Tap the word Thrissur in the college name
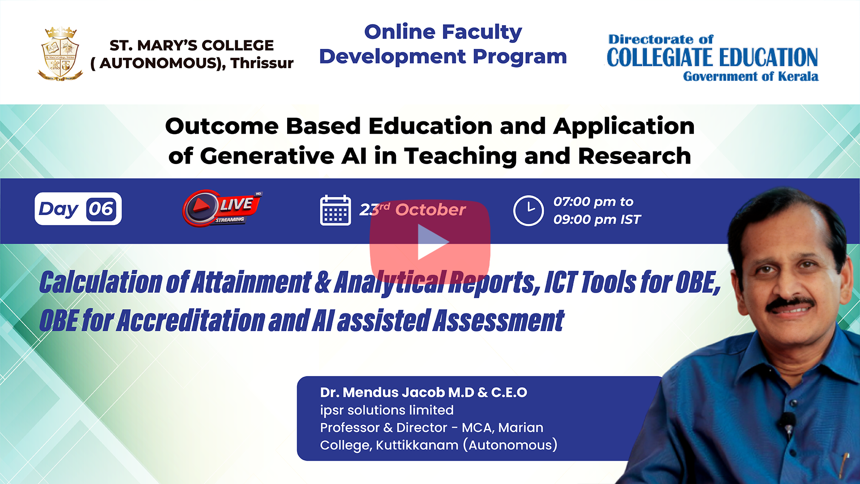click(262, 63)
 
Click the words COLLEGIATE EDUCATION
click(712, 57)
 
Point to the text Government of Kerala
click(751, 76)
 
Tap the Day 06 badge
click(78, 209)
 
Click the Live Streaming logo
click(221, 208)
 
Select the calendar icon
click(335, 210)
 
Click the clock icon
click(529, 211)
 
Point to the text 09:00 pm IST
click(597, 220)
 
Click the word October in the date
click(430, 210)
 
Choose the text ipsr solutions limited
click(387, 410)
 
